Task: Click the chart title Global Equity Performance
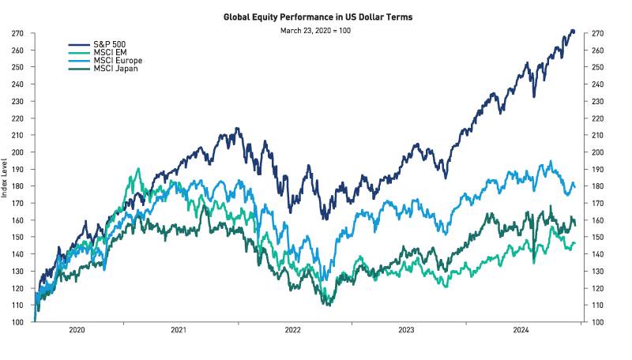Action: click(x=316, y=17)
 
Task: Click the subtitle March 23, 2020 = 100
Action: click(x=316, y=30)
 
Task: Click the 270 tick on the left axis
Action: click(x=17, y=33)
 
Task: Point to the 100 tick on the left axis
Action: click(x=17, y=322)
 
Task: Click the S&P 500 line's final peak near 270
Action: click(x=572, y=32)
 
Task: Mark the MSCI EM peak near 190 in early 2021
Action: click(x=139, y=169)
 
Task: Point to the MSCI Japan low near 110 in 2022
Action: click(x=326, y=304)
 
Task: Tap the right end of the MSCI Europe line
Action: click(x=574, y=187)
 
